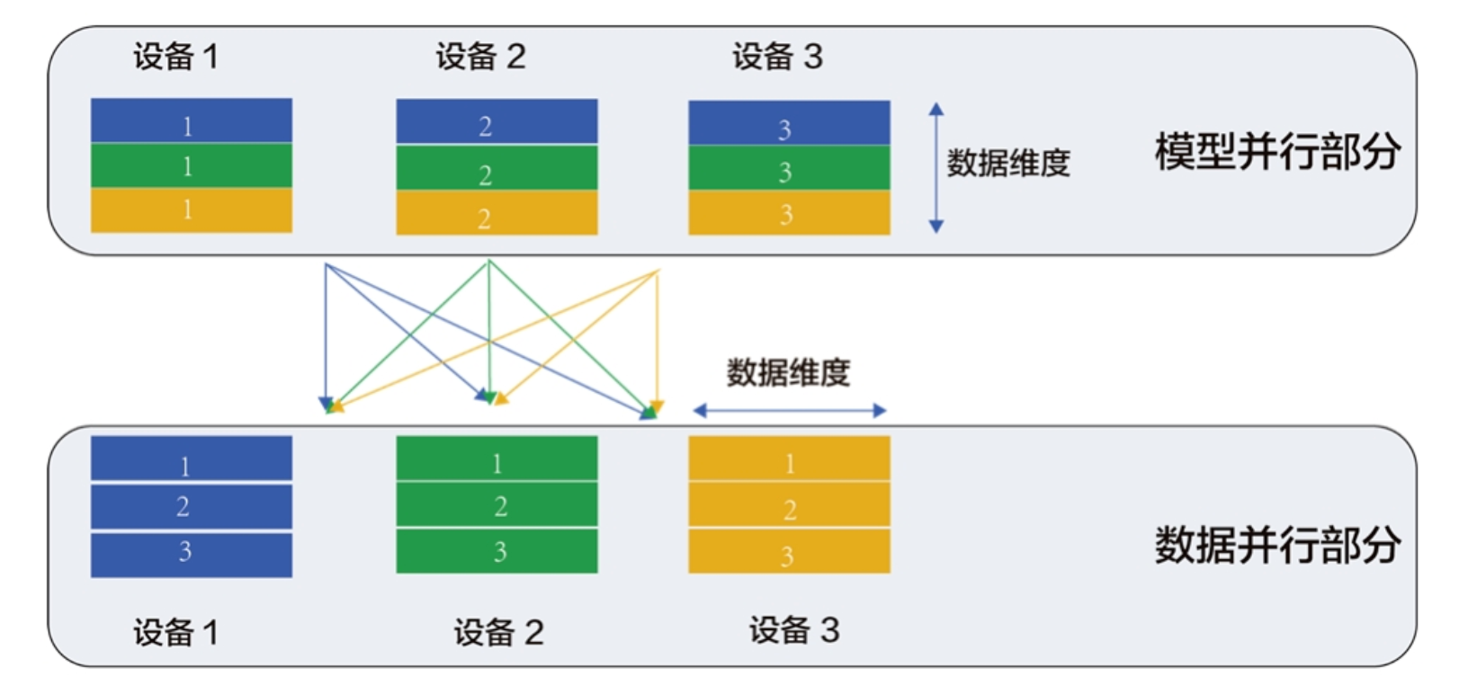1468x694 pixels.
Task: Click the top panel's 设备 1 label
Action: [175, 57]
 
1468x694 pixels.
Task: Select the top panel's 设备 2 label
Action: [480, 57]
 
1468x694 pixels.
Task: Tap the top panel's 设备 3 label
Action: [777, 57]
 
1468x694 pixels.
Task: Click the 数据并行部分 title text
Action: [1276, 545]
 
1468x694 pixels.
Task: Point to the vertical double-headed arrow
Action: [935, 167]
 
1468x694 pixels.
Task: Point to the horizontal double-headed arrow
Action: [789, 411]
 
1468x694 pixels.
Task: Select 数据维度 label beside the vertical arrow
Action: [1008, 164]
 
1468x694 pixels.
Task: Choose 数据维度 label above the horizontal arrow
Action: [788, 372]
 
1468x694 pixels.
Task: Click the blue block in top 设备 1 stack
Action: [191, 120]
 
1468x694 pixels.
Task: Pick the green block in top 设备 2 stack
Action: [497, 168]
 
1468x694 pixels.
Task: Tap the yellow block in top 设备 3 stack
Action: [789, 213]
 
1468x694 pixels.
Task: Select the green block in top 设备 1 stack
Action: [191, 165]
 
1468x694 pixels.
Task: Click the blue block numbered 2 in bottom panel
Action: [191, 507]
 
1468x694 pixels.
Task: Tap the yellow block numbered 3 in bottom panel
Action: [789, 551]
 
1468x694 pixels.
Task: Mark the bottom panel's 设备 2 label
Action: [498, 633]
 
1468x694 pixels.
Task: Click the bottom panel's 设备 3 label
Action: [794, 630]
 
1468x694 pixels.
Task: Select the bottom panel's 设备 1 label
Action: [175, 633]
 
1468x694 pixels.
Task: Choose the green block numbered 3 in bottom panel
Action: [497, 551]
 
